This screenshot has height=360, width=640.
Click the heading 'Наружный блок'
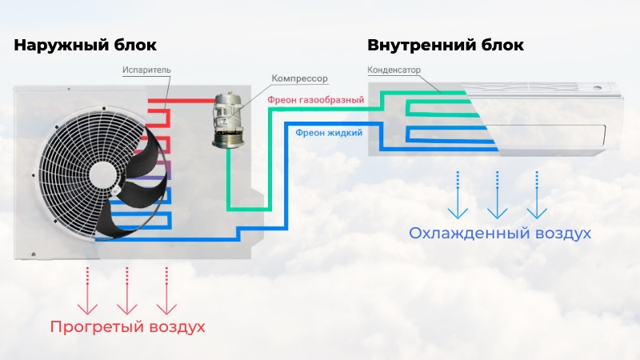coord(85,45)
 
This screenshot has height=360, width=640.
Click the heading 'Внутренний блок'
coord(446,45)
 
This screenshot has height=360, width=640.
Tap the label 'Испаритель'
coord(146,70)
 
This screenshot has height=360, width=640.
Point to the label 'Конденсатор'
coord(394,70)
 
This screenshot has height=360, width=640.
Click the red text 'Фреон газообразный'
coord(315,100)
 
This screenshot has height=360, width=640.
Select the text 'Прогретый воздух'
coord(128,327)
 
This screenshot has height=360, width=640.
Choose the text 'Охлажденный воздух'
coord(500,234)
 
